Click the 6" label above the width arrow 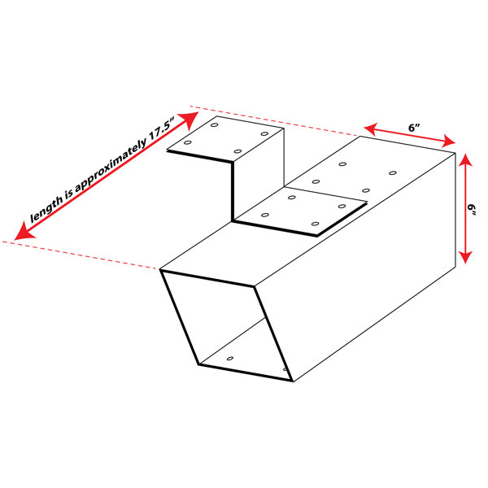(x=414, y=128)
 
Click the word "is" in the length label (x=69, y=195)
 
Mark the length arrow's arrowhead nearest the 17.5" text (x=190, y=120)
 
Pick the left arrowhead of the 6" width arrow (x=371, y=129)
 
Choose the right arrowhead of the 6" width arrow (x=449, y=142)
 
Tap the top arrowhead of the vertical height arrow (x=465, y=160)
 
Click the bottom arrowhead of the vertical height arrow (x=465, y=257)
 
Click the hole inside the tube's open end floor (x=230, y=359)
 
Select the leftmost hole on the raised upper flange (x=187, y=142)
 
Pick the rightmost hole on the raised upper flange (x=264, y=134)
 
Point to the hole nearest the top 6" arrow (x=393, y=172)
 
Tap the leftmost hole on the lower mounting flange (x=265, y=215)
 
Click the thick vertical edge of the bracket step (x=232, y=191)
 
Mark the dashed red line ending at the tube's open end (x=81, y=255)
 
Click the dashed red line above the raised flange (x=275, y=120)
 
